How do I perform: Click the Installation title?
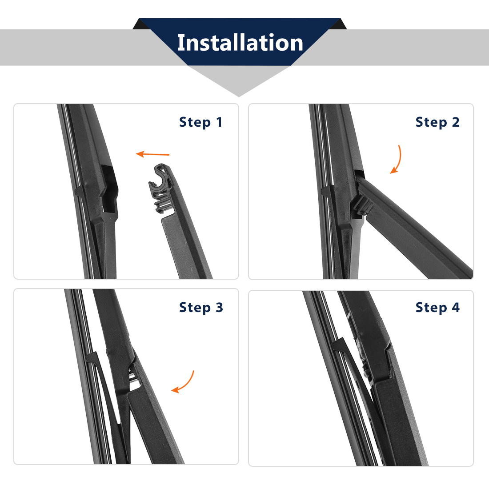point(240,43)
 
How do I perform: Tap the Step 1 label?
point(200,122)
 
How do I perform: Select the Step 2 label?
point(437,122)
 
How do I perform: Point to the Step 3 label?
point(201,308)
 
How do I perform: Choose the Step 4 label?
point(437,308)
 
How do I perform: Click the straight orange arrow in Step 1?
point(152,154)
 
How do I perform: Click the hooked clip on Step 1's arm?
point(161,188)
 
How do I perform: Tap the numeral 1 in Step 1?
point(219,122)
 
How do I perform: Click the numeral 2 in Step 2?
point(456,122)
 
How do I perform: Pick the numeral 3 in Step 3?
point(219,307)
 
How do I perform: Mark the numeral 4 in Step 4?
point(456,307)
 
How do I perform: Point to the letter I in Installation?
point(180,43)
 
